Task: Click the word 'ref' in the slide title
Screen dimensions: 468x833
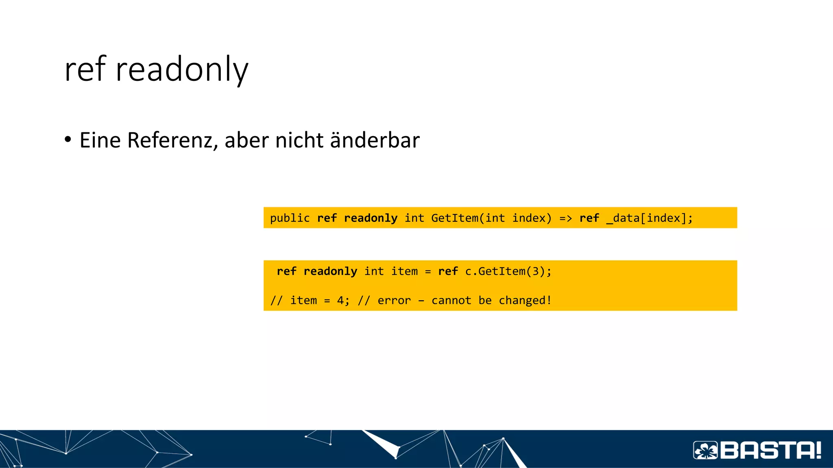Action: [85, 69]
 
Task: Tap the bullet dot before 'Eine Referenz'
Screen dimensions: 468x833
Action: [68, 139]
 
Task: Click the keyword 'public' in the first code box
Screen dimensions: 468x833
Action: [290, 218]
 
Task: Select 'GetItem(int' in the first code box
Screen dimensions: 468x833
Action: [468, 218]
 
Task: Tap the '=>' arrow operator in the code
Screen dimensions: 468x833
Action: [565, 218]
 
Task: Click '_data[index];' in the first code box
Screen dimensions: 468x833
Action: [649, 218]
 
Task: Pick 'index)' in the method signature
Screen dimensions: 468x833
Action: [532, 218]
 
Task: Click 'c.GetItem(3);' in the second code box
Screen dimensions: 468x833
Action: [508, 271]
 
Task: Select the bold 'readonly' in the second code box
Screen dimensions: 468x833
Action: [330, 271]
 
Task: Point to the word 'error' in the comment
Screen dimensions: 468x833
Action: [394, 301]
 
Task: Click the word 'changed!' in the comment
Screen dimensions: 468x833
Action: [525, 301]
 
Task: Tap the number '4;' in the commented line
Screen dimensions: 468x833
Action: [343, 301]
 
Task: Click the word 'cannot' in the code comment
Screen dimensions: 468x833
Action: [451, 301]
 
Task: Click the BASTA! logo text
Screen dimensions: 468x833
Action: [771, 450]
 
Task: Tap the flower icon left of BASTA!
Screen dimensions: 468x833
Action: [706, 450]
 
